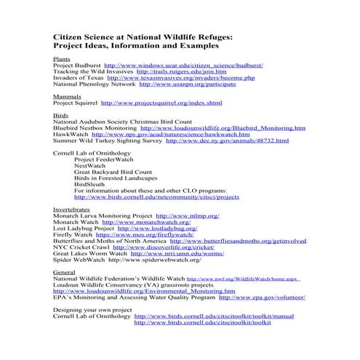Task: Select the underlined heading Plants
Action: [x=61, y=58]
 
